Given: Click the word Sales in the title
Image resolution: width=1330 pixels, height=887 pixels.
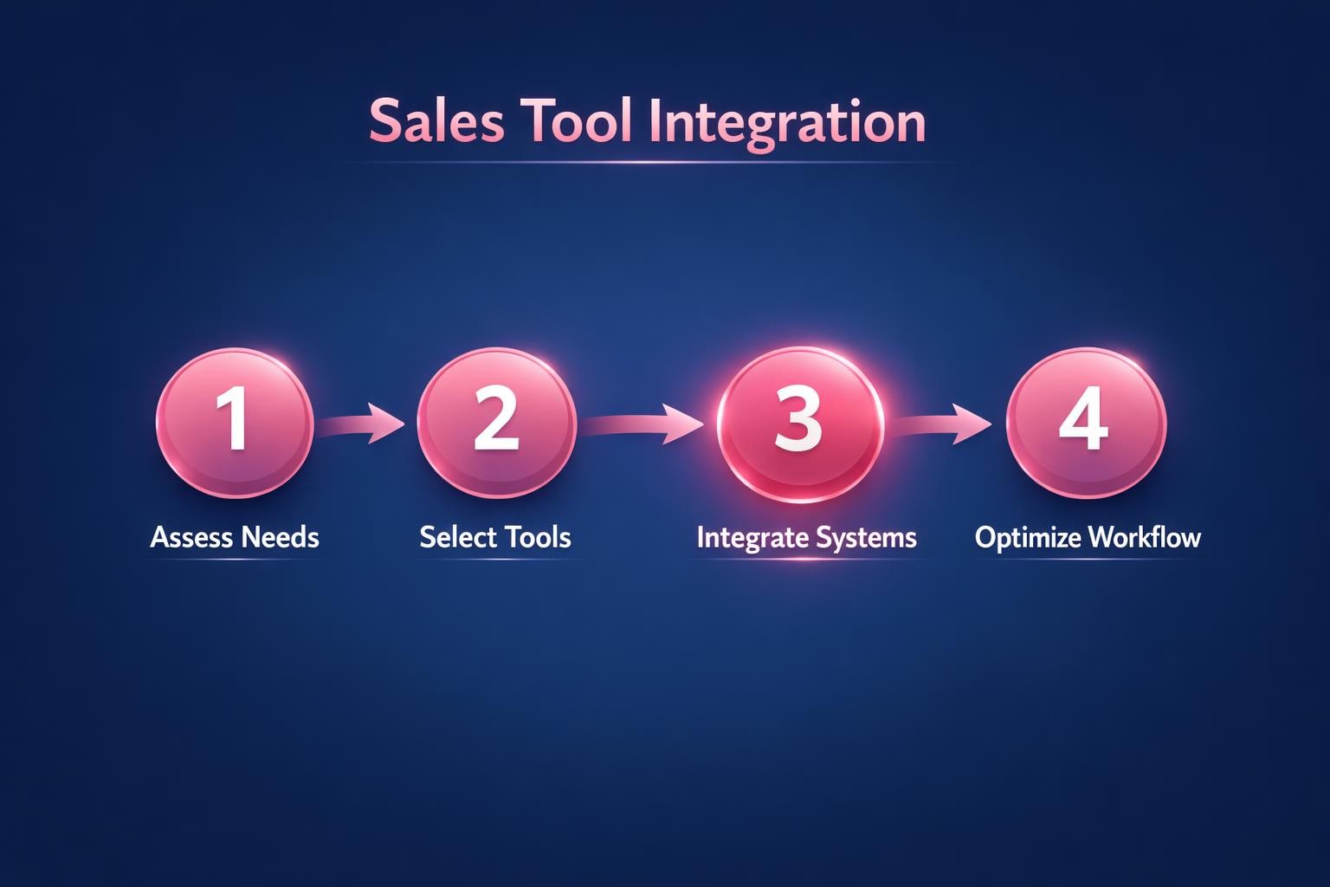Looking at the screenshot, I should [436, 121].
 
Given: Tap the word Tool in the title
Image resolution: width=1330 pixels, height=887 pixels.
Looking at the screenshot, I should [578, 121].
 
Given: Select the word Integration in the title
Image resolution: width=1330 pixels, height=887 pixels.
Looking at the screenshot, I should [787, 123].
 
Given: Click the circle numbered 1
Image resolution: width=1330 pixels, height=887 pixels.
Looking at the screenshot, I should [234, 422].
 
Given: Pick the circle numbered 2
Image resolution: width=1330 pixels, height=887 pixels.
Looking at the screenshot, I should [496, 422].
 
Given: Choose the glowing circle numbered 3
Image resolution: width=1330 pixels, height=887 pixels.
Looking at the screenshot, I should [799, 423].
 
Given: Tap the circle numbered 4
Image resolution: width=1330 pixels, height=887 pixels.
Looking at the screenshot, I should [1086, 422].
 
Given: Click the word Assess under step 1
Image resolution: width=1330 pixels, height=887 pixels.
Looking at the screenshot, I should [190, 537].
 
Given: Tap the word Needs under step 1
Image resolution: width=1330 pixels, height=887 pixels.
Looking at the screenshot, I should [280, 537].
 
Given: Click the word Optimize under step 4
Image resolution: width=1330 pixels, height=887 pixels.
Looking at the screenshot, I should [1028, 538].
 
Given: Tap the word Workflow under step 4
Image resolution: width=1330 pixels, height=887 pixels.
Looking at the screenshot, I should [1145, 538].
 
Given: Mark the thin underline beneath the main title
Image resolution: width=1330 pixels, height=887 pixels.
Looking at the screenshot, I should [648, 162].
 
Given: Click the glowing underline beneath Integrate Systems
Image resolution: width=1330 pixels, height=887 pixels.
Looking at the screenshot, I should [805, 559].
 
